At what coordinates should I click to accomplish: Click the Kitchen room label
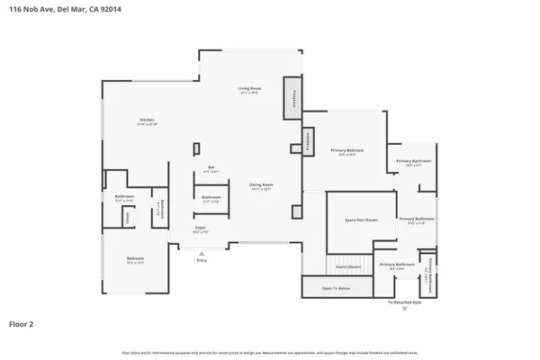(x=147, y=120)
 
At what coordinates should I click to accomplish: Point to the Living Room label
(x=249, y=87)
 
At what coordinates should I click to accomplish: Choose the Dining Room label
(x=261, y=184)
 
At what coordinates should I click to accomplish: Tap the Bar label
(x=211, y=166)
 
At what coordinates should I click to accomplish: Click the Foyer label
(x=201, y=228)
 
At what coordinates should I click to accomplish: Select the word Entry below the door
(x=202, y=260)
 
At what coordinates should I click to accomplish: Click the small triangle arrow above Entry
(x=202, y=252)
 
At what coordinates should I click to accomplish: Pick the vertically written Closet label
(x=128, y=216)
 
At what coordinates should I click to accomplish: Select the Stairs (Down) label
(x=348, y=266)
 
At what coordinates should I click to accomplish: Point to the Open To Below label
(x=336, y=288)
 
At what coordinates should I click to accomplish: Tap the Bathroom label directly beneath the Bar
(x=211, y=197)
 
